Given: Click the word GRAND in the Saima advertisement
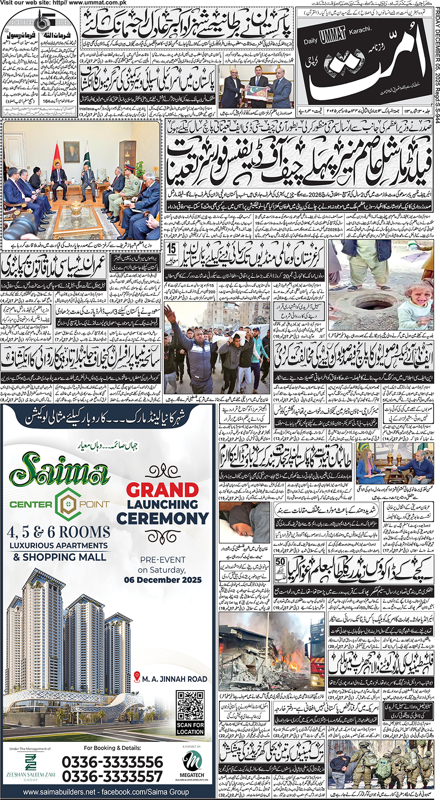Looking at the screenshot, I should pos(162,490).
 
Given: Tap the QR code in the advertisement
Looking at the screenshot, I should pos(190,706).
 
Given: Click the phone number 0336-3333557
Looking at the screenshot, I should pos(112,776).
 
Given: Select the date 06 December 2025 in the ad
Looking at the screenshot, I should pos(163,580).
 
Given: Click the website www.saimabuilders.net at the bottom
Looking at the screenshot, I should pos(60,792).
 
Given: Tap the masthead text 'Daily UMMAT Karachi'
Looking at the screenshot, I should pos(337,36).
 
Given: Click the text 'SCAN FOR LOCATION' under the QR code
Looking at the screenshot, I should pos(190,729).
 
